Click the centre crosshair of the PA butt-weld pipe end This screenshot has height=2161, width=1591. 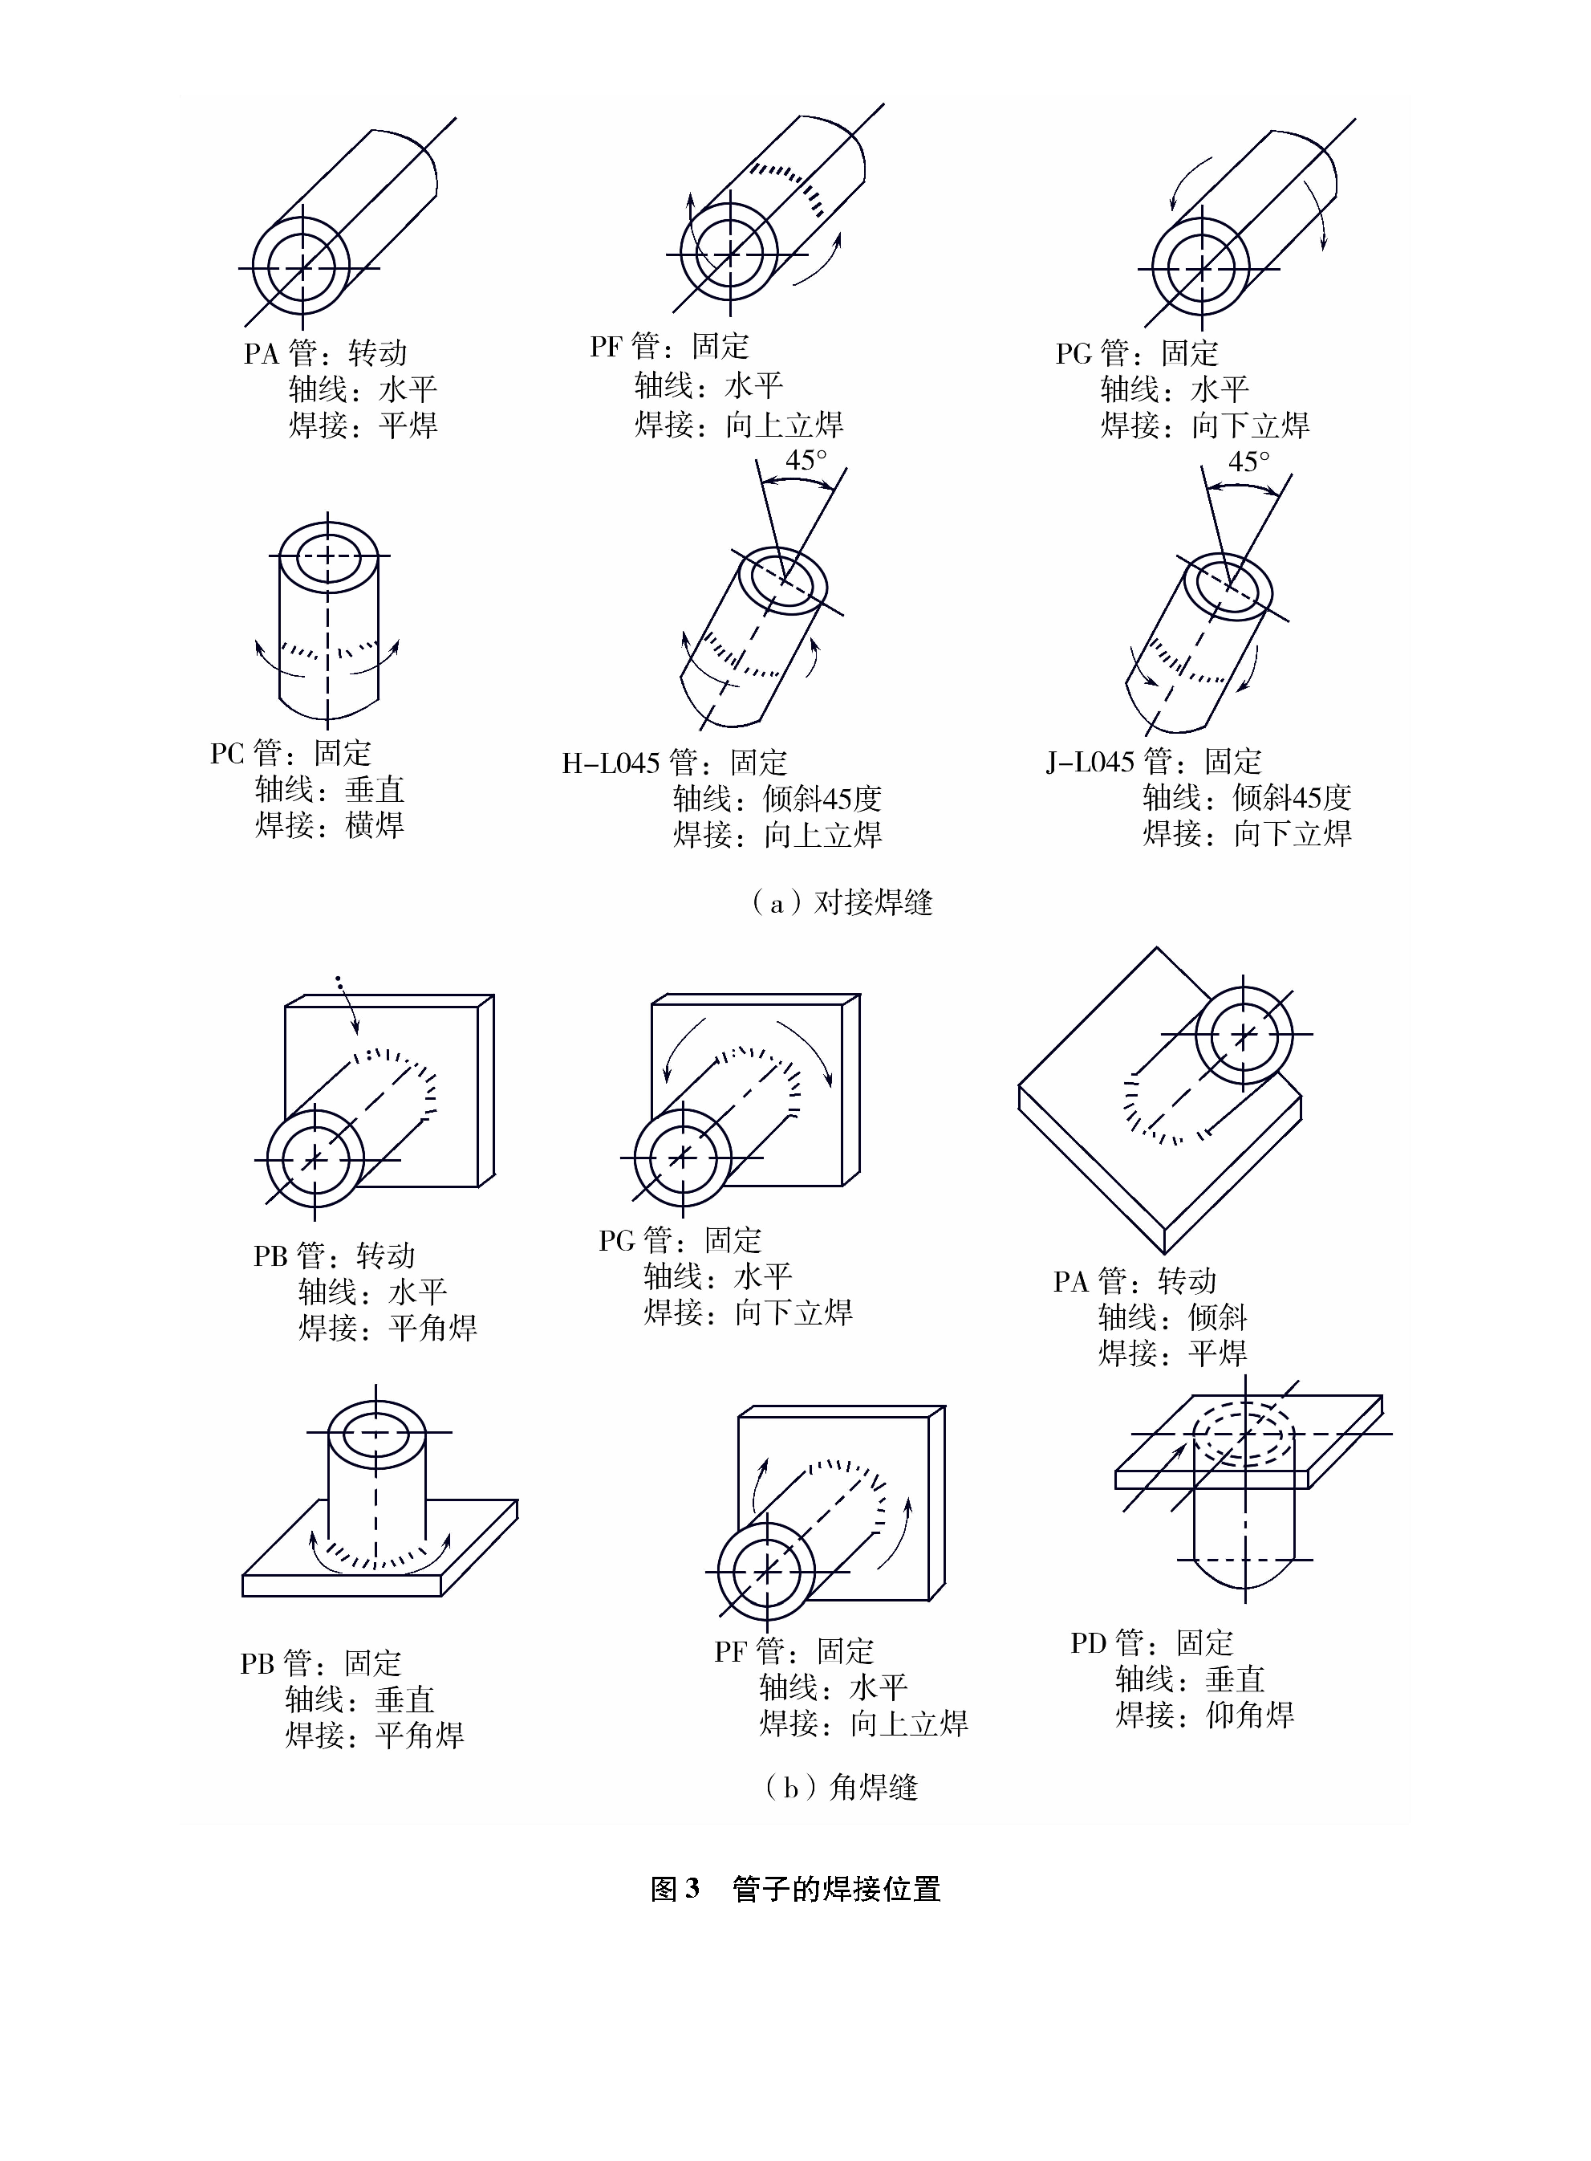pos(302,267)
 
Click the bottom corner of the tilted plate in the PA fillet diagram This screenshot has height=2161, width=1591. pos(1167,1253)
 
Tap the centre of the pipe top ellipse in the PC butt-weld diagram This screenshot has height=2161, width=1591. pos(328,556)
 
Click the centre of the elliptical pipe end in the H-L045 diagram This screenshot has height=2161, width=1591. pos(783,581)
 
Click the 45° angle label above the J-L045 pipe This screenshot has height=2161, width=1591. pos(1249,462)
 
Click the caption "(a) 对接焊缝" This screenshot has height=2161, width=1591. pos(842,903)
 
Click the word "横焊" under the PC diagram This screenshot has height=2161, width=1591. pos(375,824)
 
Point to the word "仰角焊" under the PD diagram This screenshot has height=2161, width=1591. pos(1250,1714)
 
